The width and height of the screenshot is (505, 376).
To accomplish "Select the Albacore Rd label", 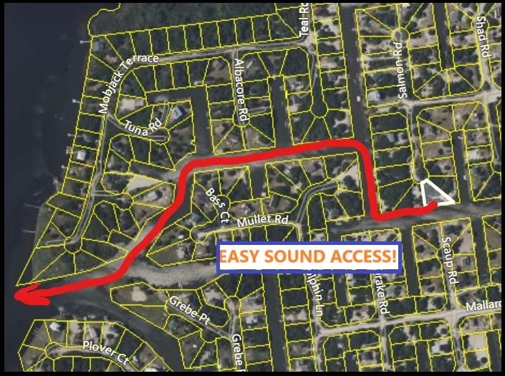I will tap(242, 89).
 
